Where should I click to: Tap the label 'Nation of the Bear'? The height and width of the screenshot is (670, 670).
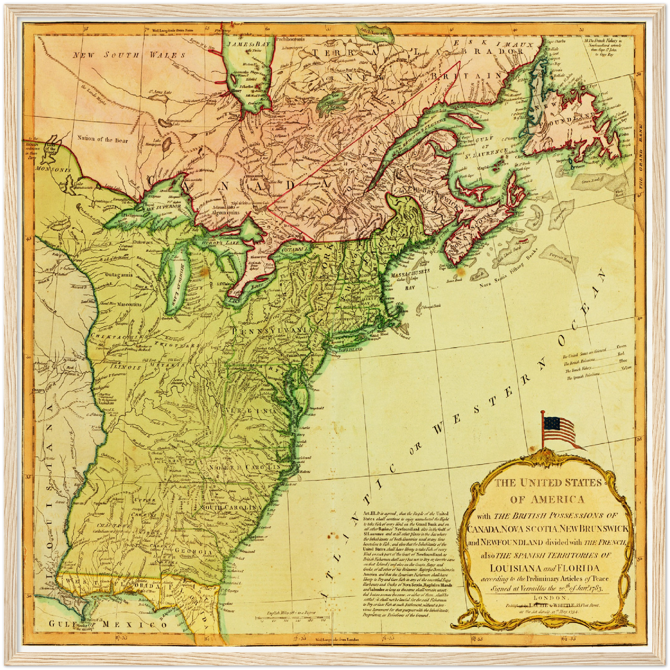[102, 138]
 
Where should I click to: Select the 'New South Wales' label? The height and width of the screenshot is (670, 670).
[129, 55]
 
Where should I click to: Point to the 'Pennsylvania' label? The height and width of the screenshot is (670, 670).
[271, 330]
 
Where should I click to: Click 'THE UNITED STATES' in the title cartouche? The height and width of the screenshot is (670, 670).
[547, 483]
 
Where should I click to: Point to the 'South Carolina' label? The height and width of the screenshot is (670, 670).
[228, 507]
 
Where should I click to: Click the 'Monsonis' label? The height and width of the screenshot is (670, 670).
[50, 170]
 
